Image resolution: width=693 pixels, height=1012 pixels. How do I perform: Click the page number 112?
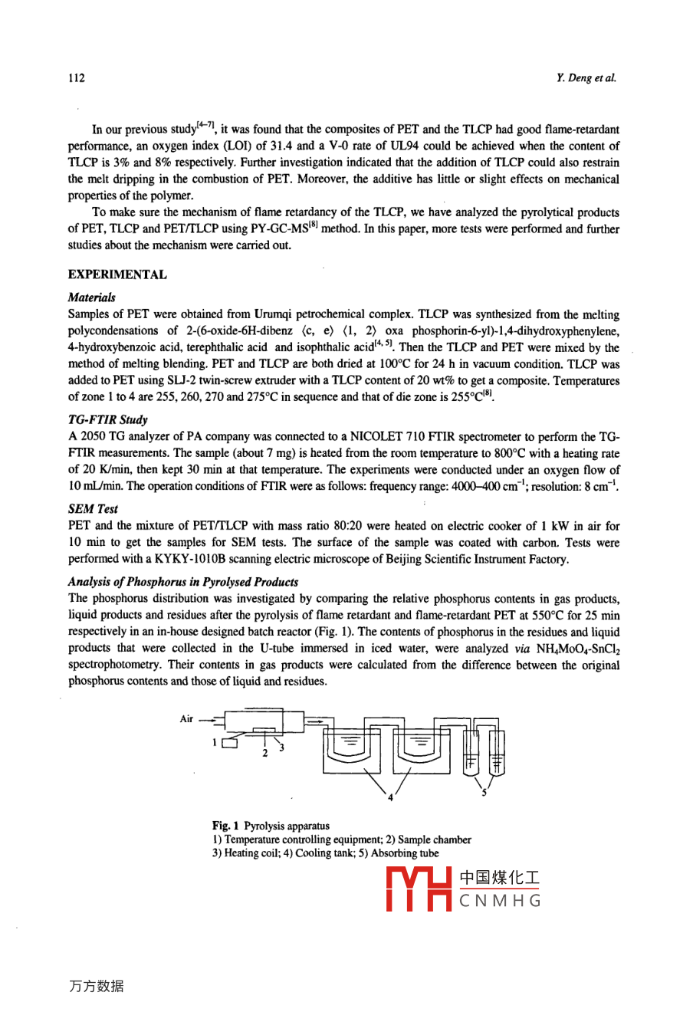click(76, 77)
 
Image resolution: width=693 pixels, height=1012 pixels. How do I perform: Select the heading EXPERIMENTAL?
click(117, 274)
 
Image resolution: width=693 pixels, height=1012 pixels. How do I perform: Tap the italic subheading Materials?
click(92, 297)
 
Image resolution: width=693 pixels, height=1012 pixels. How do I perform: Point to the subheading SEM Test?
click(93, 508)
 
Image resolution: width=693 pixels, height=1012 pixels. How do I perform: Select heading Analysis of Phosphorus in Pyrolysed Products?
click(182, 582)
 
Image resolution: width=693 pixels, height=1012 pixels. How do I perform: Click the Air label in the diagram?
click(187, 718)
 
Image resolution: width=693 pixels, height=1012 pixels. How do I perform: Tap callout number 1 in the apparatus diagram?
click(216, 742)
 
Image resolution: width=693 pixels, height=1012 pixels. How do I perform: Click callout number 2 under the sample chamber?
click(264, 753)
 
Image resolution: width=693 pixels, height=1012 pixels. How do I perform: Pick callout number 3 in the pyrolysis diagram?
click(281, 747)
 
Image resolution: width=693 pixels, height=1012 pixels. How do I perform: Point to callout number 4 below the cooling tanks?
click(389, 798)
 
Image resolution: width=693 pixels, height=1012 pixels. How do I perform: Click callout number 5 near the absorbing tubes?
click(484, 793)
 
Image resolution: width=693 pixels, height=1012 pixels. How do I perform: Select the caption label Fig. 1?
click(226, 826)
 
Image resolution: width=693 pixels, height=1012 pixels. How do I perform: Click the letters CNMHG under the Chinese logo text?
click(500, 901)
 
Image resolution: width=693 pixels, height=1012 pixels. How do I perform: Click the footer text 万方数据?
click(96, 987)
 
